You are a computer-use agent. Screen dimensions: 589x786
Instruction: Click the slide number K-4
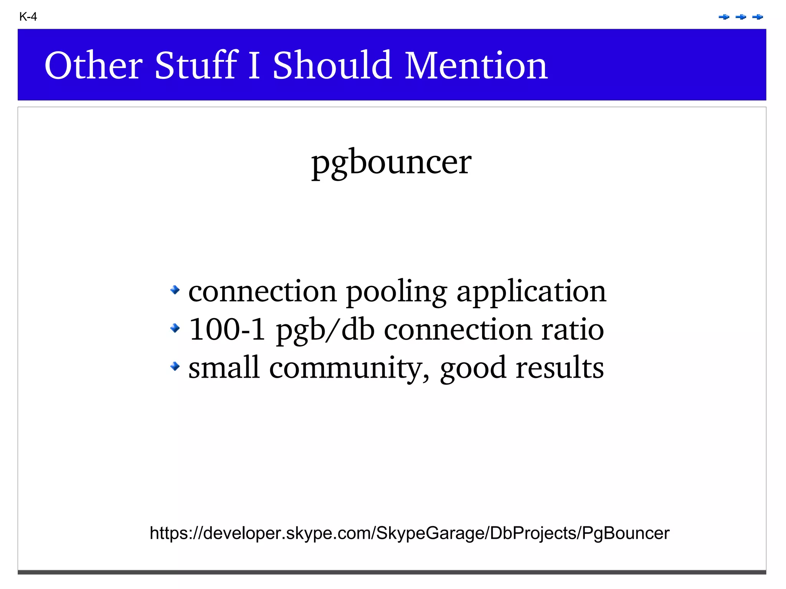(x=28, y=17)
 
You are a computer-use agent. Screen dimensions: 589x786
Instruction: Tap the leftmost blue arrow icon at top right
(x=724, y=17)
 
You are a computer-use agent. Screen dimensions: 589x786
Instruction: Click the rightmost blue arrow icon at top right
(x=758, y=17)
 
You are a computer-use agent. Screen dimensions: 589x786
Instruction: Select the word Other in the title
(x=93, y=66)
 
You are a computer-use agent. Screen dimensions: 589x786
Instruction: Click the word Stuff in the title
(x=196, y=66)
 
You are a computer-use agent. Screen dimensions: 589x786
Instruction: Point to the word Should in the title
(x=332, y=66)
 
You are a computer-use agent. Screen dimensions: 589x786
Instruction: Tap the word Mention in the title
(x=476, y=66)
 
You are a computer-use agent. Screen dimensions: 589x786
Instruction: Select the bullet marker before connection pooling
(x=175, y=290)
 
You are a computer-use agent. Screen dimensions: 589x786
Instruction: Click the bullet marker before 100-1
(x=175, y=328)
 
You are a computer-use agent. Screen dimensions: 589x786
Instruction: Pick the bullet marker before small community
(x=175, y=366)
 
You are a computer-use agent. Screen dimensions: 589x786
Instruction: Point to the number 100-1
(x=227, y=330)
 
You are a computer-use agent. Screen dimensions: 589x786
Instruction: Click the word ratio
(x=572, y=330)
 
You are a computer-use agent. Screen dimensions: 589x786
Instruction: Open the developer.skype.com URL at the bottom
(x=410, y=533)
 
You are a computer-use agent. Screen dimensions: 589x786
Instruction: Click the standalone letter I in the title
(x=254, y=66)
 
